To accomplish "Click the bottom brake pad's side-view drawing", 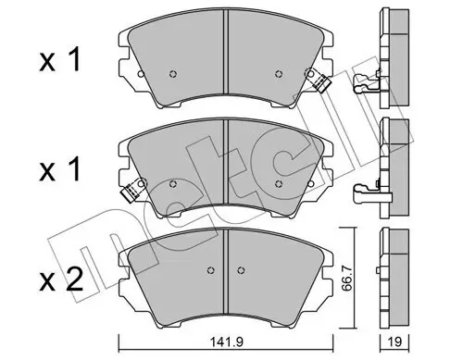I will [393, 268].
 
